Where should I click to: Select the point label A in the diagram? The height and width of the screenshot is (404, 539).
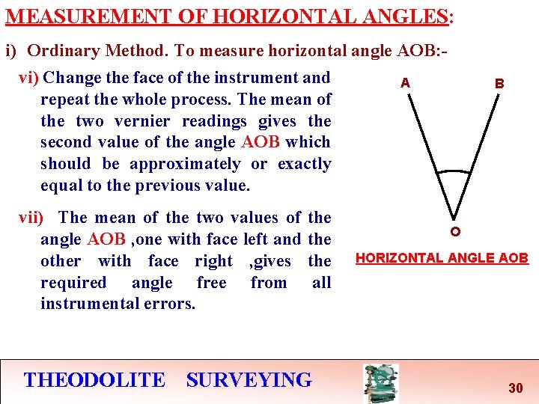[x=405, y=82]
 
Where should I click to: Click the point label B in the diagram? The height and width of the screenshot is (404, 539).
[x=499, y=84]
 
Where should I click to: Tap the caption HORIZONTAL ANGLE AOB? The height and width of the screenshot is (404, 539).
[x=442, y=258]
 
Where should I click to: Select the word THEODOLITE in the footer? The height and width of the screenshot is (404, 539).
[x=94, y=380]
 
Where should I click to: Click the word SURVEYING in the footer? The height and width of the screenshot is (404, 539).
[x=249, y=380]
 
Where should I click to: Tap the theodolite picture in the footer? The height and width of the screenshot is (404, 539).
[x=380, y=383]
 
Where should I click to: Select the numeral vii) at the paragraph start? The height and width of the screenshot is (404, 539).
[x=31, y=218]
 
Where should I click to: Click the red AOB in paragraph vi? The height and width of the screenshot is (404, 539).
[x=261, y=142]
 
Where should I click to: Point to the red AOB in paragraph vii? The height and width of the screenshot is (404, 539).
[x=106, y=239]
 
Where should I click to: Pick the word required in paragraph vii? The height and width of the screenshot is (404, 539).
[x=73, y=282]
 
